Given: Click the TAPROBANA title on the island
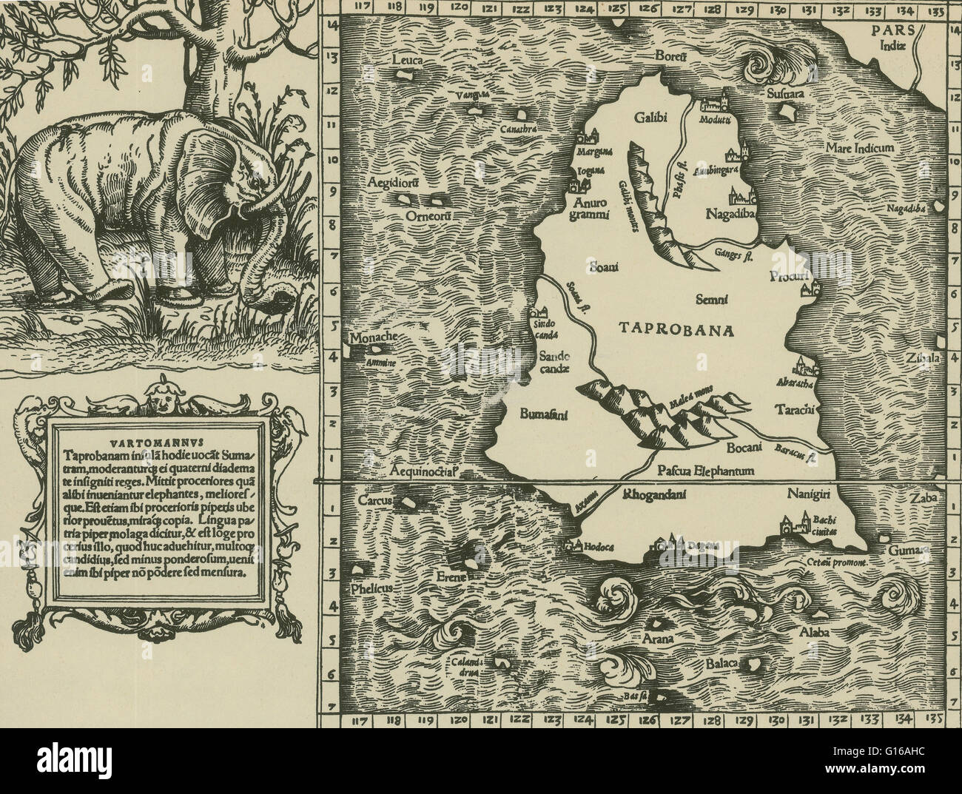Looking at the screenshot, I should point(675,330).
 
